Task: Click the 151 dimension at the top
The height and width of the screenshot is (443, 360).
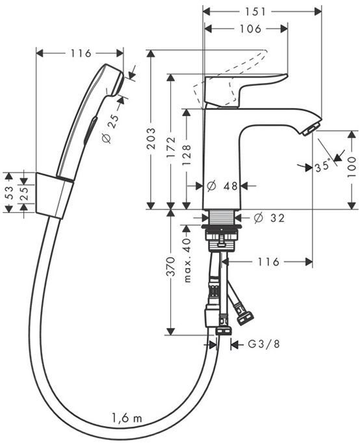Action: (262, 11)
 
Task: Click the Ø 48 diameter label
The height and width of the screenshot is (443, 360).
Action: (223, 186)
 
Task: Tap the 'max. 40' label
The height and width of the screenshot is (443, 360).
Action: (187, 260)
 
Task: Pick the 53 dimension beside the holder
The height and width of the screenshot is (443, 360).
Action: (8, 193)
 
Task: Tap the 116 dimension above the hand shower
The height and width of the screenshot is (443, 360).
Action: (79, 53)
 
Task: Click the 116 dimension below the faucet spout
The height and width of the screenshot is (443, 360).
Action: (266, 262)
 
